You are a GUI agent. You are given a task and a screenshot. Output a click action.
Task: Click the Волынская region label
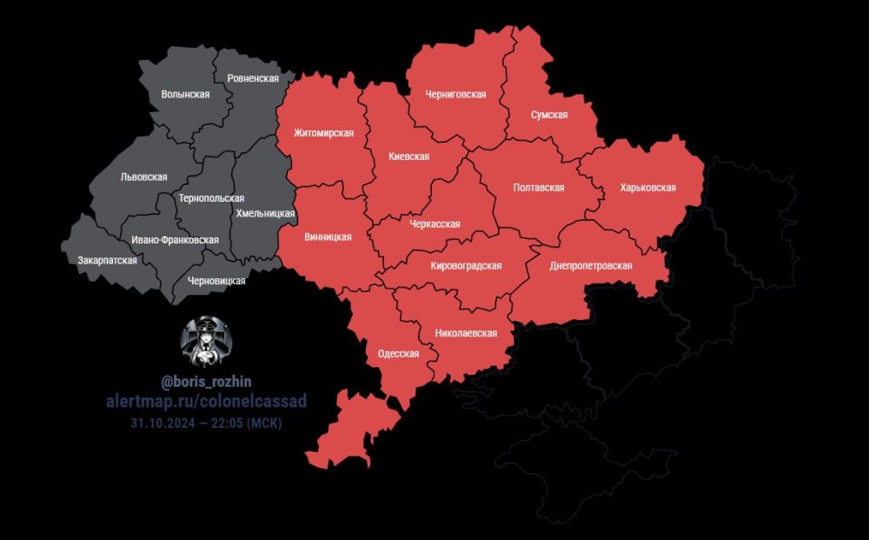click(185, 95)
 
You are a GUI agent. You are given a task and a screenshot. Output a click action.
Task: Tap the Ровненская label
click(252, 78)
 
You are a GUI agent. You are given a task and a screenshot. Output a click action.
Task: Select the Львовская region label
click(143, 177)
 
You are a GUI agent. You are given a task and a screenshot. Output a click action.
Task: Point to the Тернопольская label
click(211, 198)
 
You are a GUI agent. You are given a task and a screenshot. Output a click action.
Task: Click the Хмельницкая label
click(265, 213)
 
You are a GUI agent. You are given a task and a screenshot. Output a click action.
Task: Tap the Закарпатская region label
click(107, 260)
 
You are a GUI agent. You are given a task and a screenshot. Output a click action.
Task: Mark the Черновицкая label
click(216, 281)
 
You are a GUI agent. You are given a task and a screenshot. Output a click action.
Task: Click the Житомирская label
click(323, 133)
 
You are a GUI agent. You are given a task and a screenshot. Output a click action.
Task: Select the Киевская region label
click(408, 157)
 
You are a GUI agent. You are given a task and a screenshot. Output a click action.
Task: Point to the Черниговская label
click(455, 95)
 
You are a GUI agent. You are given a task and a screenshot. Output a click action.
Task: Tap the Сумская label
click(550, 115)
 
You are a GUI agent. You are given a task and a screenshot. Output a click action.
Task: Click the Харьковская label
click(647, 187)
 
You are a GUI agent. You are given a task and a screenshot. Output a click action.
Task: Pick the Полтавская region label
click(539, 188)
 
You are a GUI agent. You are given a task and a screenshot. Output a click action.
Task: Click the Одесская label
click(399, 354)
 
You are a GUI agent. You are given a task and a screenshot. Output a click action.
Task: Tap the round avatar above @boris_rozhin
click(205, 340)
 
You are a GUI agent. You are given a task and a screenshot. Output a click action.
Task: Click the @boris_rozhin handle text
click(205, 382)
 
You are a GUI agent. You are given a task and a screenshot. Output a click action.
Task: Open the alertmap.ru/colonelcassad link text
click(205, 401)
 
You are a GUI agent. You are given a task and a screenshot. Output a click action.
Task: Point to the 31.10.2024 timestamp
click(205, 423)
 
